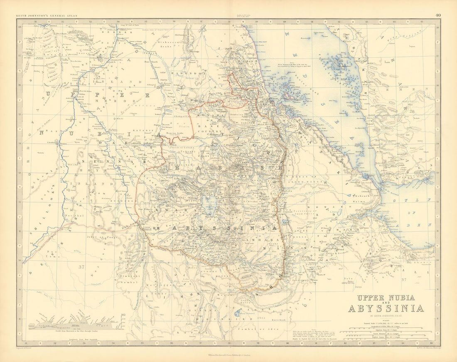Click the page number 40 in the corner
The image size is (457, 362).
pos(438,15)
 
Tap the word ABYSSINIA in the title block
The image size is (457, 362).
pos(386,308)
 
